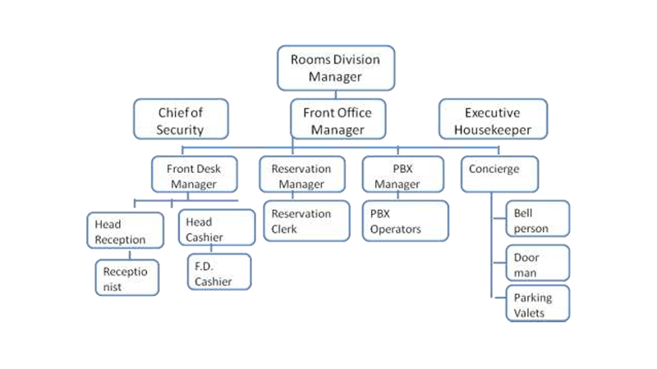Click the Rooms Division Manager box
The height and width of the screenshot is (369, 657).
(x=335, y=68)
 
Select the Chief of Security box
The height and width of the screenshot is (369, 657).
(x=180, y=120)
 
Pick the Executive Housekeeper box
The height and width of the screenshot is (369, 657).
(x=493, y=120)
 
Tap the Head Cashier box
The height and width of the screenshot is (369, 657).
(x=215, y=229)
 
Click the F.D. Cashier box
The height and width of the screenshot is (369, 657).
(x=218, y=273)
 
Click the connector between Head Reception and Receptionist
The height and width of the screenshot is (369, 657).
(x=129, y=254)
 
